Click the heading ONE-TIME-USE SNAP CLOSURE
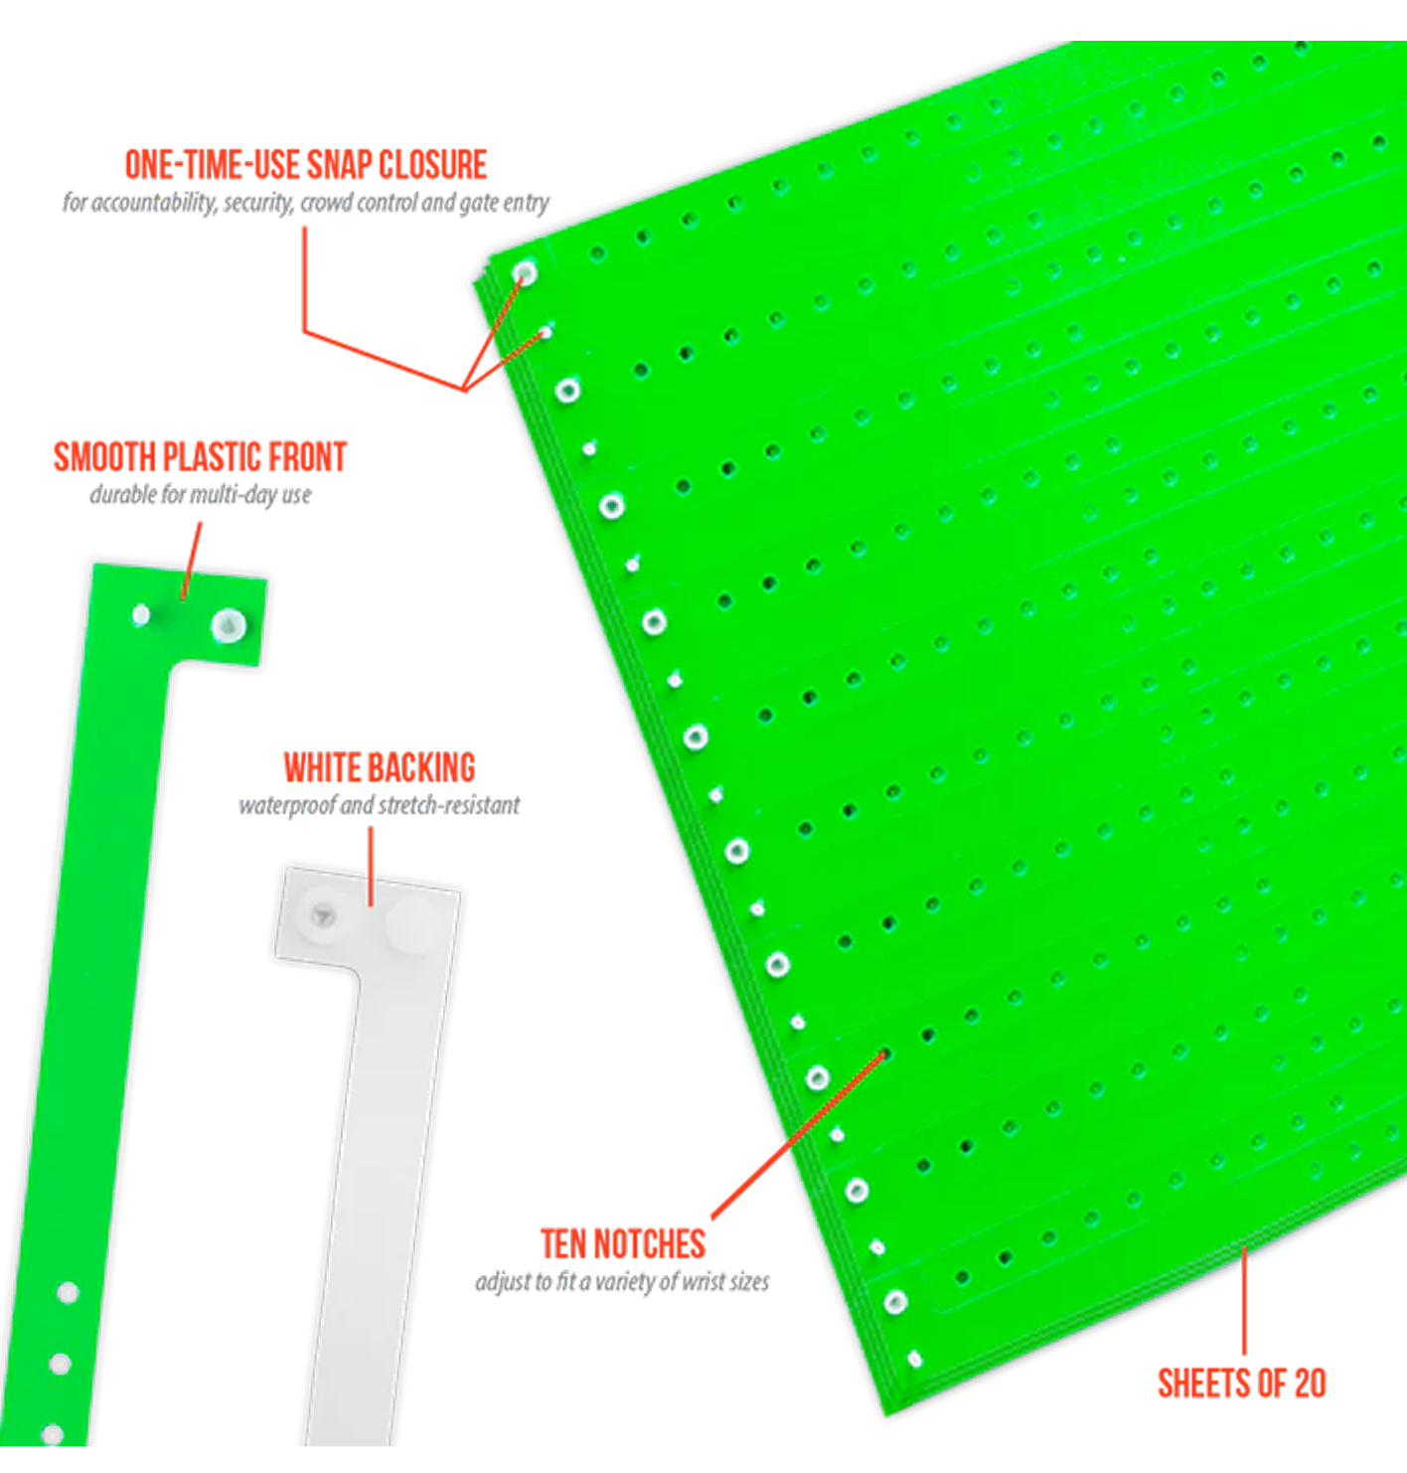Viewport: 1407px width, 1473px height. pyautogui.click(x=306, y=165)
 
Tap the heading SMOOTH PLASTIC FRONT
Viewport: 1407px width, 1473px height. pyautogui.click(x=200, y=457)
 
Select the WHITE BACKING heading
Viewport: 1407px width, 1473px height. pyautogui.click(x=380, y=767)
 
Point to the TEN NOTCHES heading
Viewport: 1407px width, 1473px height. pyautogui.click(x=623, y=1244)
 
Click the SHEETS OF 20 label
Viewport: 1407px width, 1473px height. pyautogui.click(x=1242, y=1385)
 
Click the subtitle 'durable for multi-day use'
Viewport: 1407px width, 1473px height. pyautogui.click(x=201, y=495)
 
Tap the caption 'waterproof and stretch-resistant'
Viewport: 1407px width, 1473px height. pyautogui.click(x=380, y=805)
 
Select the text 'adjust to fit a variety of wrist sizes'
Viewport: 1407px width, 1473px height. pyautogui.click(x=622, y=1282)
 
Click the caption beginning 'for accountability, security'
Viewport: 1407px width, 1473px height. pyautogui.click(x=306, y=203)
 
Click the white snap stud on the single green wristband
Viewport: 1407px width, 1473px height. pyautogui.click(x=228, y=626)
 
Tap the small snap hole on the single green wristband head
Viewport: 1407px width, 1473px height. pyautogui.click(x=141, y=615)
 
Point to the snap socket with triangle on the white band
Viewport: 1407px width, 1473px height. pyautogui.click(x=323, y=915)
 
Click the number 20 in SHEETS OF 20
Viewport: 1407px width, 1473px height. pyautogui.click(x=1311, y=1385)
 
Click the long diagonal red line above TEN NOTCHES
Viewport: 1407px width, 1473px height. pyautogui.click(x=799, y=1135)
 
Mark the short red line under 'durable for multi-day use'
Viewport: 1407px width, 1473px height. pyautogui.click(x=192, y=561)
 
